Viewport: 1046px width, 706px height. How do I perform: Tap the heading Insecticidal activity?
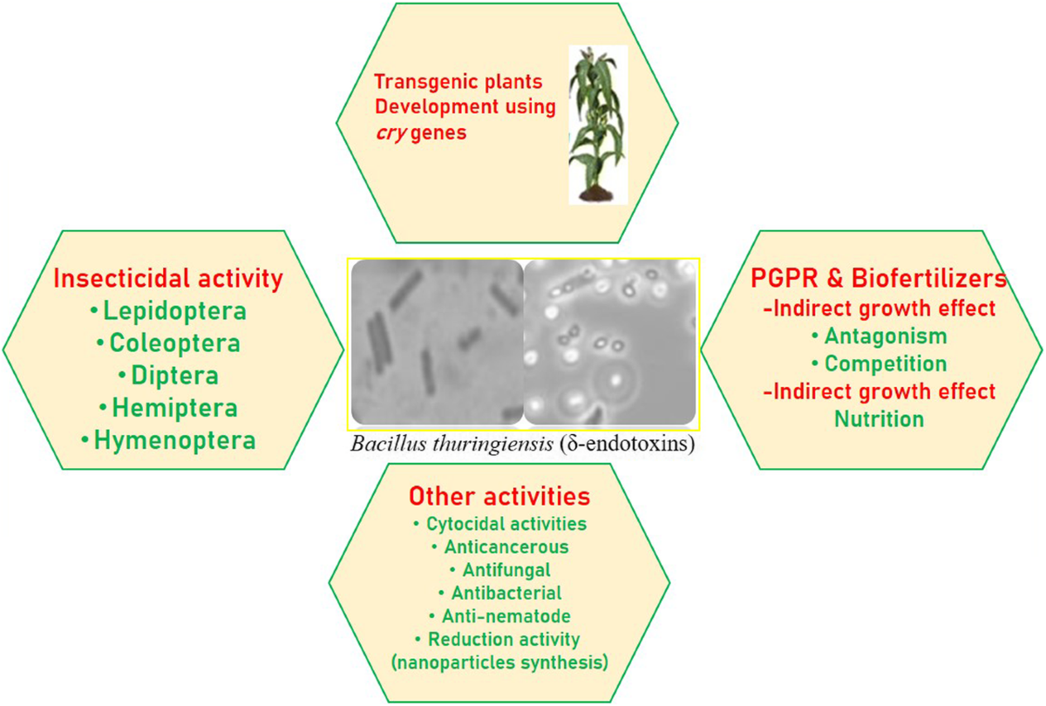point(168,279)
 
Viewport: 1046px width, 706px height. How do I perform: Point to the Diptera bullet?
point(168,376)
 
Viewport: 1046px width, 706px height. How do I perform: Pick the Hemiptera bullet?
point(168,408)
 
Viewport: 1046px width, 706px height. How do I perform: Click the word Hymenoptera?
point(174,440)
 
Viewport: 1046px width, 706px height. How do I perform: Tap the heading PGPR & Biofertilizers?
point(879,279)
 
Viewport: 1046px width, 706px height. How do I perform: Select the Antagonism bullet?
point(879,336)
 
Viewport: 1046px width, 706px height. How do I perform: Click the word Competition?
point(886,363)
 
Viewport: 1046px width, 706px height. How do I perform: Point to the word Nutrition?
point(879,418)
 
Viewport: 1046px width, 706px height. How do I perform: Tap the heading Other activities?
point(499,497)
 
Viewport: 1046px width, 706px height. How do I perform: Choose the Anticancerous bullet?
point(499,547)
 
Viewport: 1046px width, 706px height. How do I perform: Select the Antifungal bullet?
point(499,570)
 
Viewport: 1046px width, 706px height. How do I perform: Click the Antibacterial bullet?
point(499,594)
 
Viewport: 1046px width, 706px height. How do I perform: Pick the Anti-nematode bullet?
point(499,616)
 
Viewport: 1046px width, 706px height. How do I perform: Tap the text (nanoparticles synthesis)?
point(499,662)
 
